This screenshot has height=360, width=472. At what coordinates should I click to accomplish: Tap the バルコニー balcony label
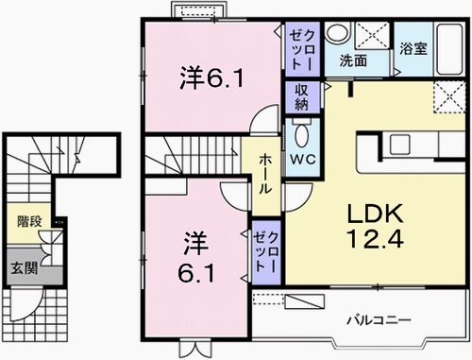tap(377, 319)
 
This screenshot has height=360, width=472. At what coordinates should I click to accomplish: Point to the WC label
tap(302, 159)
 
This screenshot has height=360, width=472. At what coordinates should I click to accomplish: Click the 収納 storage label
tap(302, 97)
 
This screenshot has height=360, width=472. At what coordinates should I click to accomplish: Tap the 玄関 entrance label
tap(25, 267)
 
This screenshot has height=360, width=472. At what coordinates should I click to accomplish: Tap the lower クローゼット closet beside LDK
tap(265, 250)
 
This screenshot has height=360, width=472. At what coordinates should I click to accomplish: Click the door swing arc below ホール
tap(233, 194)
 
